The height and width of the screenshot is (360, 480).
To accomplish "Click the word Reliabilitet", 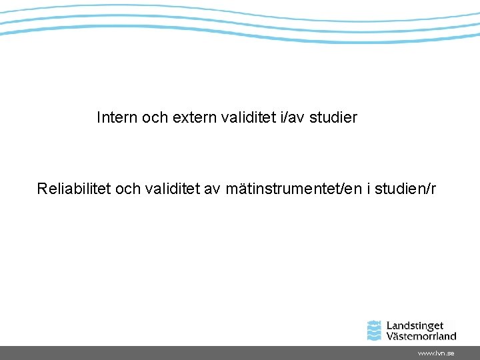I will pos(74,189).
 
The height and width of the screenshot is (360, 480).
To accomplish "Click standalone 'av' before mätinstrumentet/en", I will pos(212,189).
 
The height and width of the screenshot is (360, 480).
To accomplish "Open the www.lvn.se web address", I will pos(436,353).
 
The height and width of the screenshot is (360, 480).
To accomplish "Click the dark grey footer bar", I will pos(200,353).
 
